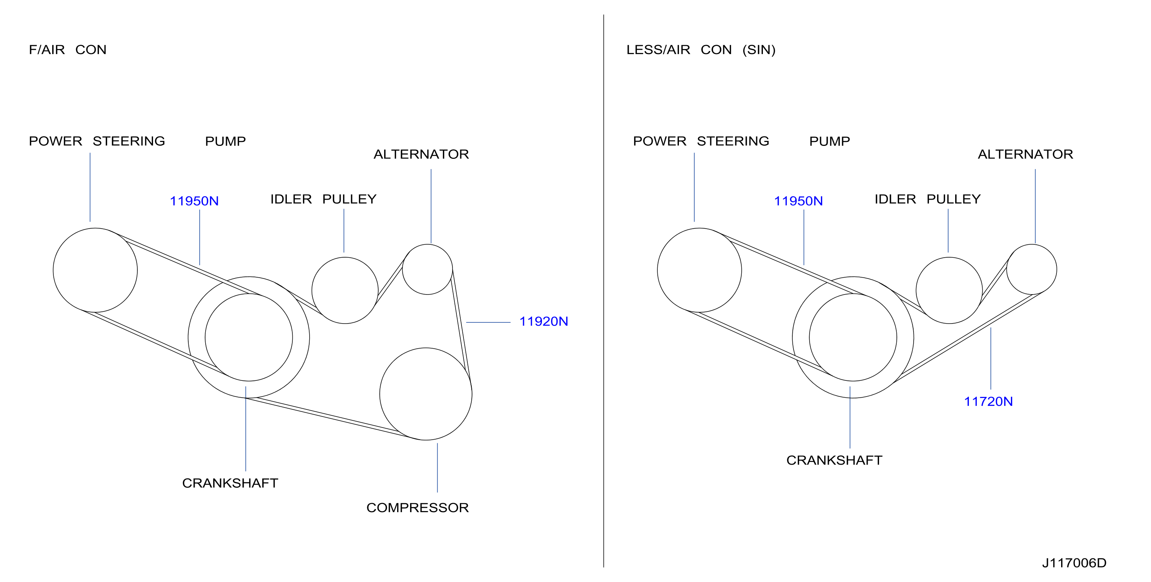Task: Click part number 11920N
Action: pos(544,321)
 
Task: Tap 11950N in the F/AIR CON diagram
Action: pos(194,201)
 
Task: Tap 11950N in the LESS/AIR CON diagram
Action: pos(798,201)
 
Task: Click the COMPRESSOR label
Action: pos(417,507)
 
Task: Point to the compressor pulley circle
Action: pos(380,394)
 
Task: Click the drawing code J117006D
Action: pos(1074,563)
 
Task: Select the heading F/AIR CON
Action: pos(67,49)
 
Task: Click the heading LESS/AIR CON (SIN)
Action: pos(700,49)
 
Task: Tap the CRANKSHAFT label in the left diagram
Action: pos(230,483)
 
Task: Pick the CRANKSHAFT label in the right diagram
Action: pos(834,460)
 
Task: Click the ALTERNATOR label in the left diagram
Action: pos(421,154)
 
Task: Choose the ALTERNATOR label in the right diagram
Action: pos(1025,154)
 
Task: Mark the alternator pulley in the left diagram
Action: pos(403,269)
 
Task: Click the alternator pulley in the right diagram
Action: pos(1007,269)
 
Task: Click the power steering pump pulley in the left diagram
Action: pos(53,270)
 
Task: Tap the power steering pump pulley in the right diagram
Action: pos(657,270)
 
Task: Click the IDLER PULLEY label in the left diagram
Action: pos(323,199)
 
